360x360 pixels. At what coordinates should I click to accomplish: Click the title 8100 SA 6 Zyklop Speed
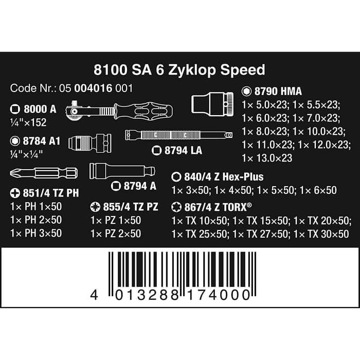[179, 69]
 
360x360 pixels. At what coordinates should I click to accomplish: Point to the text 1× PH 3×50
[36, 233]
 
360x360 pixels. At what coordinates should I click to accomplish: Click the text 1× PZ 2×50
[115, 233]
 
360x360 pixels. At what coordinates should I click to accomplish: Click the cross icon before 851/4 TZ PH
[15, 193]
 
